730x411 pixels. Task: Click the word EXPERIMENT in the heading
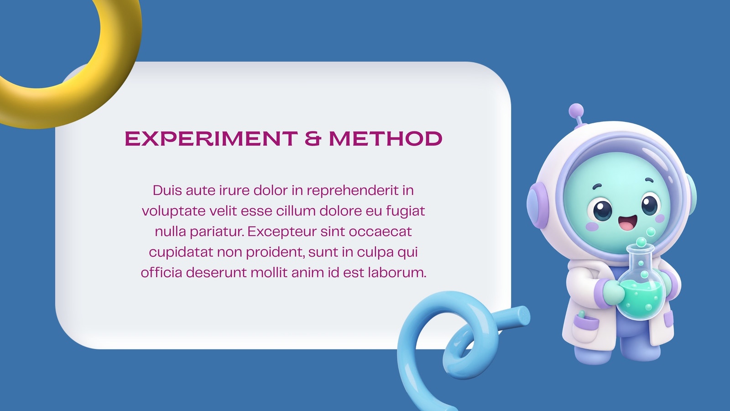coord(211,138)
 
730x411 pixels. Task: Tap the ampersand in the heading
coord(313,138)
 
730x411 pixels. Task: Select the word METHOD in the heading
coord(386,138)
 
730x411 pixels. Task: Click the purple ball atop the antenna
coord(576,111)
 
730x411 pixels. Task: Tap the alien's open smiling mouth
coord(628,222)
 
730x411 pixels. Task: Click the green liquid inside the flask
coord(640,300)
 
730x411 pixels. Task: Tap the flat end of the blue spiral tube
coord(524,316)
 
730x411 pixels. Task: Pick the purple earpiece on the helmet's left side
coord(537,205)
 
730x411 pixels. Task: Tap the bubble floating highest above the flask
coord(651,232)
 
